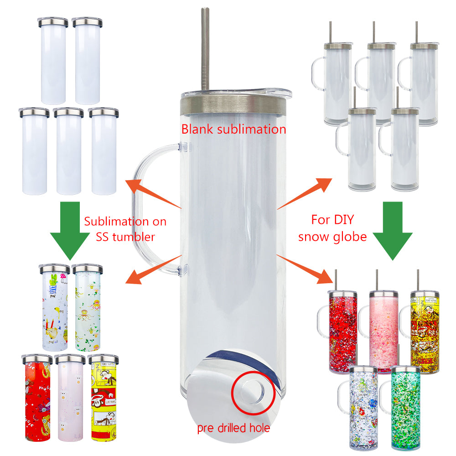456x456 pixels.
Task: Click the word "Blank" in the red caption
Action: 197,130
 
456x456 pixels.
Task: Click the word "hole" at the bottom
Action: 260,428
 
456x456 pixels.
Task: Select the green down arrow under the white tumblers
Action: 70,230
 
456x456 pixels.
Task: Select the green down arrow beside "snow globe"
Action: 393,230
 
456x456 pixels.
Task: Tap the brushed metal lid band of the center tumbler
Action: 233,105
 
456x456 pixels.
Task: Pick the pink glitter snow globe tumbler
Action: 383,332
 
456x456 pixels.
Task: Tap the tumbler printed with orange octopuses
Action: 88,308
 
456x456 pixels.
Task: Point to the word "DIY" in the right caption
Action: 343,220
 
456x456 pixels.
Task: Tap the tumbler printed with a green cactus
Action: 55,308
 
